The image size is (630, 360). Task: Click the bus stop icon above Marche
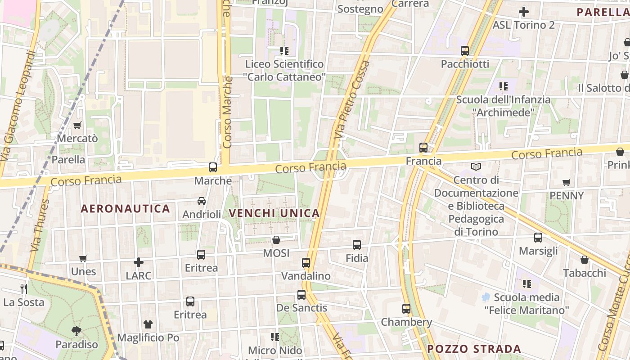coord(213,167)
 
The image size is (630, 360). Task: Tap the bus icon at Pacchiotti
coord(465,51)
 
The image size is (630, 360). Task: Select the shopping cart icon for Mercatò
coord(77,125)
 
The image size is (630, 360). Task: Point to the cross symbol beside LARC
coord(139,262)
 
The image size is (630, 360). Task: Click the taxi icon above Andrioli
coord(202,201)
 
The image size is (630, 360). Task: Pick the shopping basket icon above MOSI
coord(276,240)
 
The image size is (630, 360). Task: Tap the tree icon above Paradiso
coord(76,331)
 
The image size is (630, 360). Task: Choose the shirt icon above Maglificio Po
coord(148,324)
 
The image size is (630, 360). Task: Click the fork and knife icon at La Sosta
coord(24,288)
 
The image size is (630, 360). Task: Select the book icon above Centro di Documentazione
coord(476,166)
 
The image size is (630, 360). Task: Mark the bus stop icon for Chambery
coord(406,309)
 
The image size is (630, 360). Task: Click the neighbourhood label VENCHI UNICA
coord(274,213)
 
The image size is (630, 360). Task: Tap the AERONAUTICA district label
coord(125,209)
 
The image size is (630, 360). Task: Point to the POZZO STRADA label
coord(474,349)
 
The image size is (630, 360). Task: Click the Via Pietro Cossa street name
coord(352,99)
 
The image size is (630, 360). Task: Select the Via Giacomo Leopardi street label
coord(18,106)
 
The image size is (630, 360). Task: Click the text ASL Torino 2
coord(523,25)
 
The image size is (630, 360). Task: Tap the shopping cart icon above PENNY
coord(567,182)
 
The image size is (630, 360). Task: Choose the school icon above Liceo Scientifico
coord(284,50)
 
